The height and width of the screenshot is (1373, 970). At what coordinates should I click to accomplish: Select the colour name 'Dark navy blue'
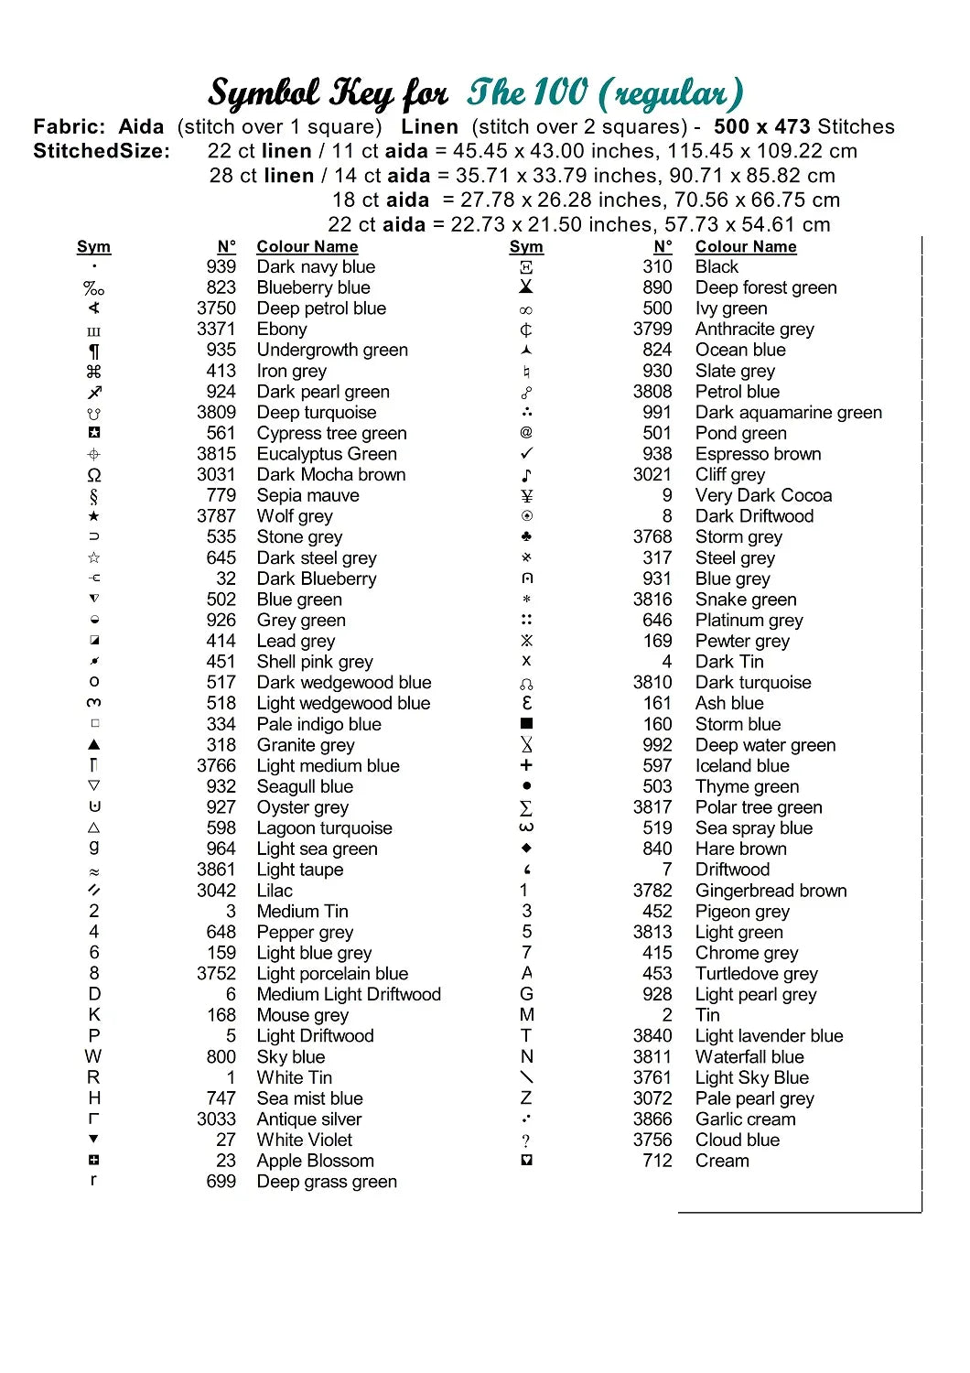click(316, 267)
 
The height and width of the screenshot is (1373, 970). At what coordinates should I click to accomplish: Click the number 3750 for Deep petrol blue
click(216, 308)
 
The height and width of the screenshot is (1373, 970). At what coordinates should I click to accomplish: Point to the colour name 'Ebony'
click(282, 330)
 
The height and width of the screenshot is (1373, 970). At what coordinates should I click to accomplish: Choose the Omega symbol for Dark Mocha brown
click(93, 475)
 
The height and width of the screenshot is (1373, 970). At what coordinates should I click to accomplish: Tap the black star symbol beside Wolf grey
click(93, 516)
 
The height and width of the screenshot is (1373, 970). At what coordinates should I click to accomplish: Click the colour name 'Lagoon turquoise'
click(324, 828)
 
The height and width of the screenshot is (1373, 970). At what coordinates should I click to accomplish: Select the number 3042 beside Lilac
click(216, 891)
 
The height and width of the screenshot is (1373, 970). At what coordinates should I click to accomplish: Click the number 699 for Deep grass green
click(221, 1182)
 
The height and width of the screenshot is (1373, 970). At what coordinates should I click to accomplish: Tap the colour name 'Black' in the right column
click(717, 267)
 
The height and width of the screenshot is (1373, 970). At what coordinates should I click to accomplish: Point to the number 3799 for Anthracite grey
click(652, 330)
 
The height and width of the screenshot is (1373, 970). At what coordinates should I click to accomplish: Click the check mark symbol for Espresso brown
click(526, 454)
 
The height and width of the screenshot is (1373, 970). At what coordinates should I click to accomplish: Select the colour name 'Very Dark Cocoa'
click(763, 496)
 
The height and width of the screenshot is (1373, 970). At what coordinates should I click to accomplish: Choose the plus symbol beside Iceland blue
click(526, 765)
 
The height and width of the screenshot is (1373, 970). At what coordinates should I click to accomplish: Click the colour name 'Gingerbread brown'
click(771, 891)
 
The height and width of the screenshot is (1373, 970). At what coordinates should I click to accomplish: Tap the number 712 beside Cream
click(657, 1161)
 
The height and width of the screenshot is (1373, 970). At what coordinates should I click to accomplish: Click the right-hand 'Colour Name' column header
click(746, 247)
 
